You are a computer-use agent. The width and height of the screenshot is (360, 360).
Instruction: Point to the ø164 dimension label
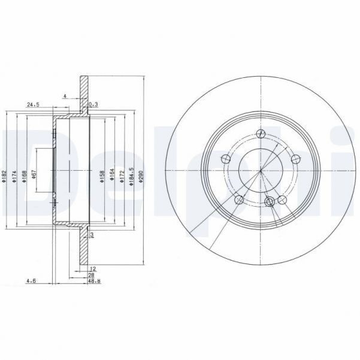(112, 174)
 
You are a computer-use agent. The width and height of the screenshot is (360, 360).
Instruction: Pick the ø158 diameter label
(102, 174)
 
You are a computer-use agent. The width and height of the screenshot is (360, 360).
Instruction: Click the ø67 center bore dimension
(34, 174)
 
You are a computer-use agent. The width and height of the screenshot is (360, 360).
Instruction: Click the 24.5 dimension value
(32, 105)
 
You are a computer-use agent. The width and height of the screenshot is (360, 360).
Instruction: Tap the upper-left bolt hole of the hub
(225, 159)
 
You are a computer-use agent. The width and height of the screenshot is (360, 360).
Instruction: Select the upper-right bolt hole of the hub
(296, 159)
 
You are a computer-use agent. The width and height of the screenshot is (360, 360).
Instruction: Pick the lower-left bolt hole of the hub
(238, 200)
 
